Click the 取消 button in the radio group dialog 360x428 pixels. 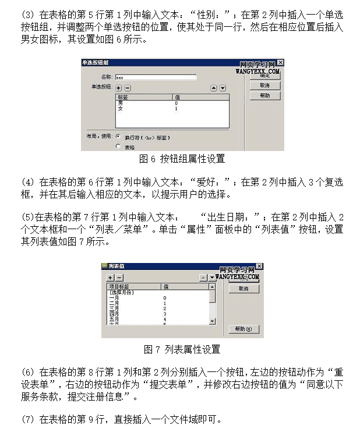(x=264, y=86)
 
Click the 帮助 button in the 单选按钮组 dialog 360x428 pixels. (x=264, y=96)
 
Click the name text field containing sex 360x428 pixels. (x=155, y=76)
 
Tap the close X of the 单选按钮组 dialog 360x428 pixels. (x=280, y=62)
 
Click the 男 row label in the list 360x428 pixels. (x=121, y=103)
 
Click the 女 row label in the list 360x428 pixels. (x=121, y=108)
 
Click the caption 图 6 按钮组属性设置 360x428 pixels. (x=182, y=159)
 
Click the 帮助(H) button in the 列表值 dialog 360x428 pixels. (x=243, y=329)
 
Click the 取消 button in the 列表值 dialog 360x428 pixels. (x=243, y=289)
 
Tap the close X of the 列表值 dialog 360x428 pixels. (x=259, y=267)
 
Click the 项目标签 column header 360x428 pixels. (x=119, y=286)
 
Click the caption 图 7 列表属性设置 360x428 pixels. (x=182, y=349)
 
